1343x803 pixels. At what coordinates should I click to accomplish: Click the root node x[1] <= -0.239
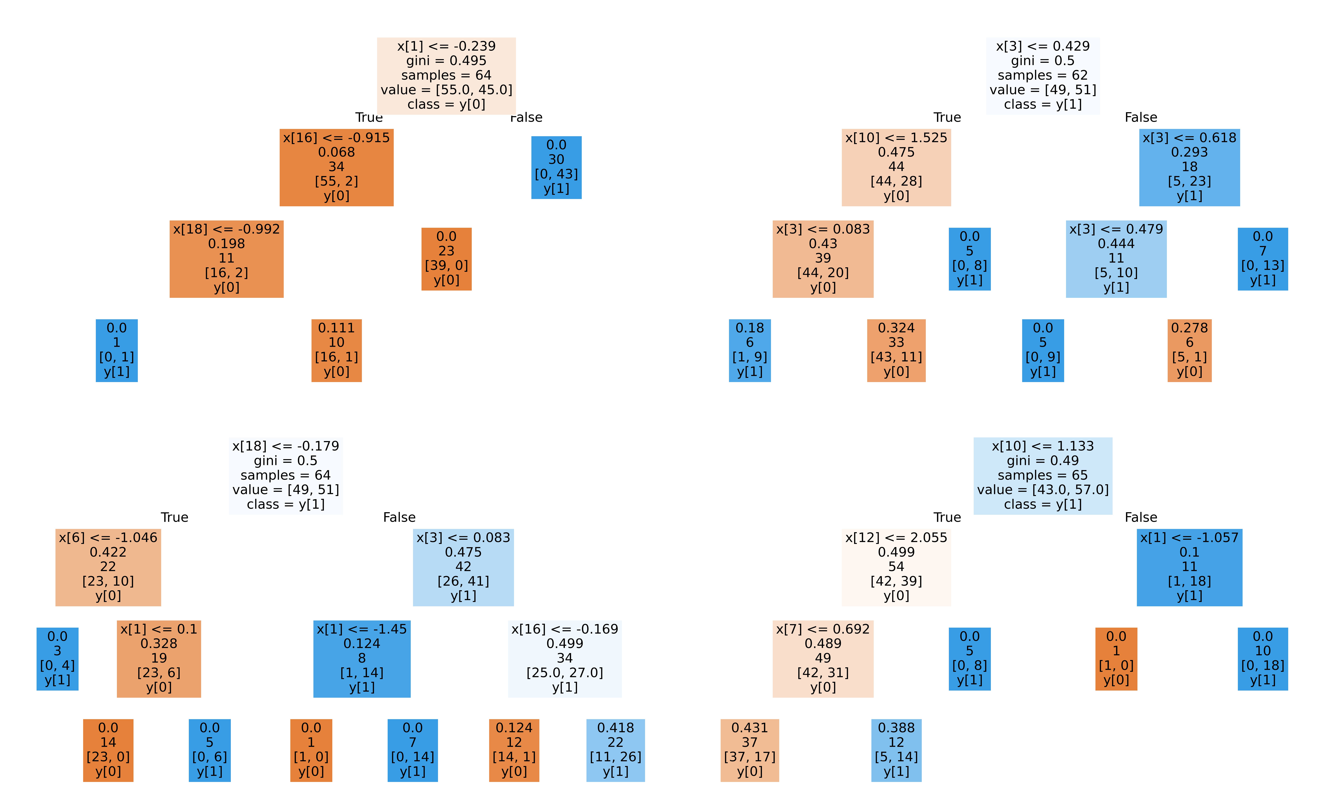[446, 75]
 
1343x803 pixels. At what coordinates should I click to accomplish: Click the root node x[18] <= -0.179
[286, 475]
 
